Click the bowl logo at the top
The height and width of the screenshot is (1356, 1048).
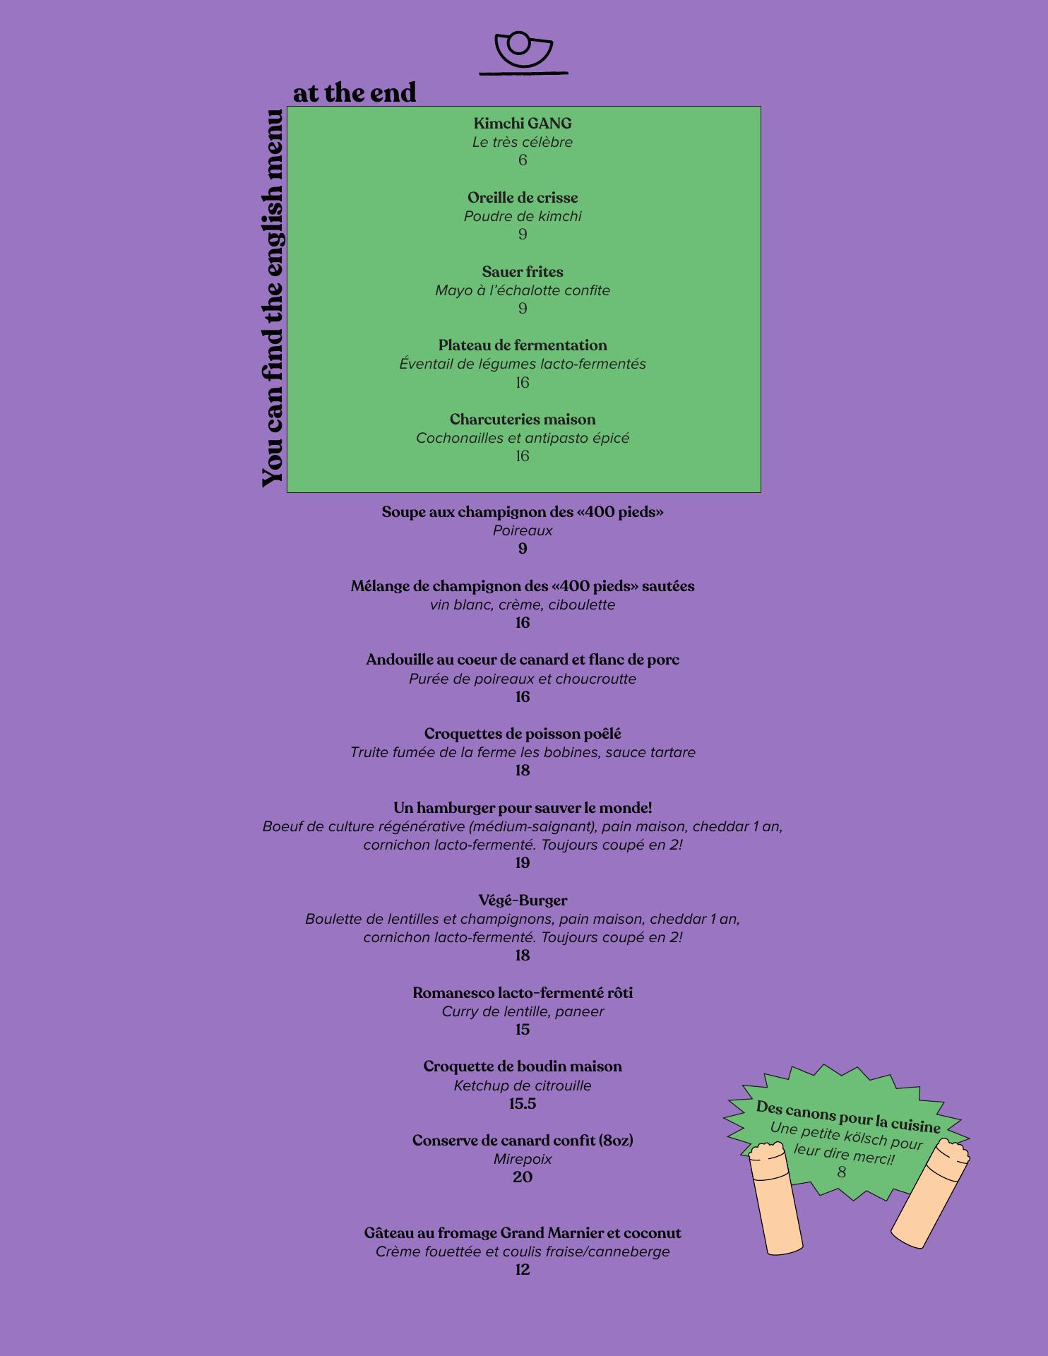coord(523,51)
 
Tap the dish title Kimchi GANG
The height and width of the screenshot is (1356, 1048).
coord(523,124)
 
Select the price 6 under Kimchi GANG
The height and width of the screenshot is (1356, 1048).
coord(523,160)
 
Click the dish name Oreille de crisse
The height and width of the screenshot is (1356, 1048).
coord(523,198)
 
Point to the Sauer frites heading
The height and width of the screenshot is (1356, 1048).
coord(523,272)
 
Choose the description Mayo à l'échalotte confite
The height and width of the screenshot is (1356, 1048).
coord(523,290)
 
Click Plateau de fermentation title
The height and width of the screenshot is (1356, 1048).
coord(523,345)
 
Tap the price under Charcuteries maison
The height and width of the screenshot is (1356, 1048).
coord(523,456)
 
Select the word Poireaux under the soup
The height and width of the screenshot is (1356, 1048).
coord(523,530)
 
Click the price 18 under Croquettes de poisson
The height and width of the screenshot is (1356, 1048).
coord(523,771)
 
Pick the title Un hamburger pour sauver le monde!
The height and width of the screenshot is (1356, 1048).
coord(523,808)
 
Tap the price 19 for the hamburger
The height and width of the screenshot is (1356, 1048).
coord(523,863)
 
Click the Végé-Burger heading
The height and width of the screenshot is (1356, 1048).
coord(523,900)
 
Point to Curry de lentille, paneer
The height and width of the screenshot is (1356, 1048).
coord(523,1011)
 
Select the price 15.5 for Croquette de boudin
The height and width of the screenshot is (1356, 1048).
coord(523,1104)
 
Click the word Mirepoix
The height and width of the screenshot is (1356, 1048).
coord(523,1159)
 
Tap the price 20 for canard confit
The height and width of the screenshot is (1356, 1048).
coord(523,1177)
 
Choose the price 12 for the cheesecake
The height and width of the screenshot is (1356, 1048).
coord(523,1270)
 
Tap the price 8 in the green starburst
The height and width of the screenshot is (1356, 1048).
coord(841,1172)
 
